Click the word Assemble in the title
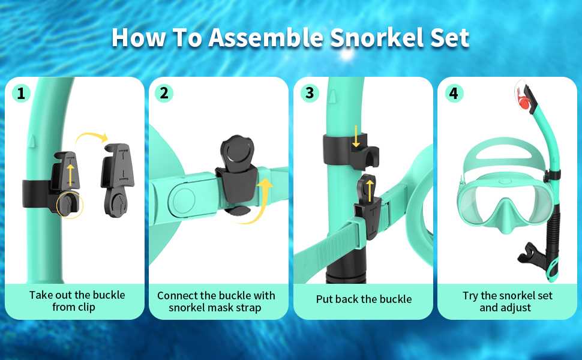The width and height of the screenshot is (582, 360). point(266,37)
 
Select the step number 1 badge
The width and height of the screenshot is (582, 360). point(21,93)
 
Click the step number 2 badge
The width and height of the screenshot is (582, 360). point(164,93)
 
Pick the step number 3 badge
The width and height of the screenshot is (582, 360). point(310,93)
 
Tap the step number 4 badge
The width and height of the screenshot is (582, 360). point(454,93)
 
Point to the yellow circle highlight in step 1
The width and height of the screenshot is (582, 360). point(70,205)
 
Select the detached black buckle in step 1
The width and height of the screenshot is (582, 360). point(116,180)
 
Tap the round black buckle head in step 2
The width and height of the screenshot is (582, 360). point(236,151)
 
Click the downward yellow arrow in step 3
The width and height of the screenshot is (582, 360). point(356,136)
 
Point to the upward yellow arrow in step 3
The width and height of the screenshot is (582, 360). point(370,190)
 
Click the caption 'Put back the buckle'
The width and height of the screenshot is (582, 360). point(364,299)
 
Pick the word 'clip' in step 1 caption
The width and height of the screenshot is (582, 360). point(86,307)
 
